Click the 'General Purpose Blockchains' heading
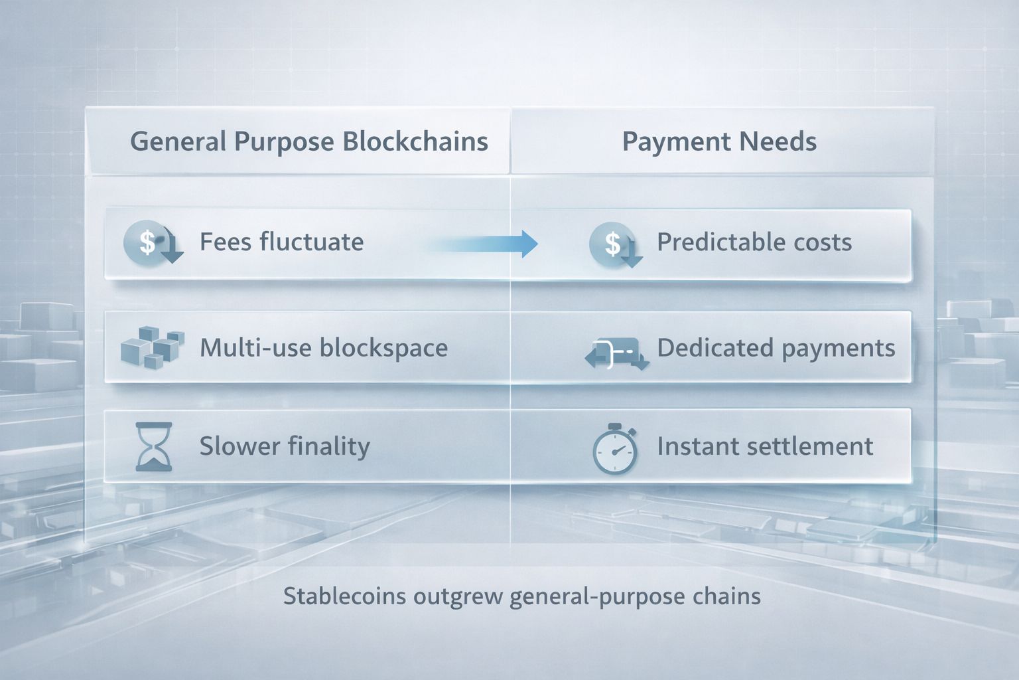pos(309,141)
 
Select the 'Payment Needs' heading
pos(719,141)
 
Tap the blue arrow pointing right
pos(483,244)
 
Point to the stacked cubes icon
pos(153,347)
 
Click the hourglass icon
pos(154,446)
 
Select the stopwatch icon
pos(614,449)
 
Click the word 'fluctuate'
pos(312,242)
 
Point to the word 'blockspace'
pos(383,348)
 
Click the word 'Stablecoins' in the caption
pos(344,596)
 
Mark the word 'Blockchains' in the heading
pos(415,141)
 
